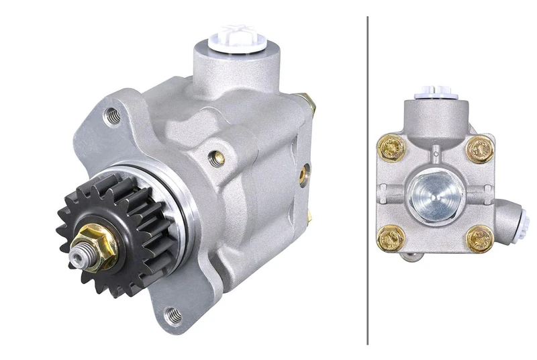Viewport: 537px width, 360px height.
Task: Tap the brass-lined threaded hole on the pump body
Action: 215,158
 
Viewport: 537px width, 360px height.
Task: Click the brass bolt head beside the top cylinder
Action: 310,102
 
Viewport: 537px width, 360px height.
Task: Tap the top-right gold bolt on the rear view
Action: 479,149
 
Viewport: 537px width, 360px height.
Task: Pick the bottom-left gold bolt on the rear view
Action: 390,237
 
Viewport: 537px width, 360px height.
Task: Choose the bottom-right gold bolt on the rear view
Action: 479,238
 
